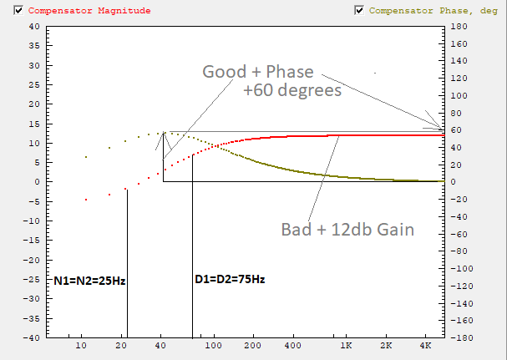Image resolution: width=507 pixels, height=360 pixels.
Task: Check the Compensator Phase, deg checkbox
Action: click(x=360, y=10)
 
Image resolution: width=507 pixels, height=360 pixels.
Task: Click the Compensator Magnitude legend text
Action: click(x=79, y=11)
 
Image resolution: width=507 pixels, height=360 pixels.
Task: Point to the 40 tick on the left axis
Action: click(x=33, y=25)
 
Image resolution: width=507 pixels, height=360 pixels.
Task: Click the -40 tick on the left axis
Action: click(x=31, y=338)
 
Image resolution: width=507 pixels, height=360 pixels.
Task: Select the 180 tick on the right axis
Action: click(x=456, y=26)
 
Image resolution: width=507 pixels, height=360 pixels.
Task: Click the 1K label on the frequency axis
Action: click(x=346, y=346)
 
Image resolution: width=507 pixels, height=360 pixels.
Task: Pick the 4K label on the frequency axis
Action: click(x=426, y=346)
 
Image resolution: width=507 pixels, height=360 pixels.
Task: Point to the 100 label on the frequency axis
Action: click(x=215, y=346)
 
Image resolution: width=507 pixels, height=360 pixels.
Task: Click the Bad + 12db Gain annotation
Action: click(x=348, y=229)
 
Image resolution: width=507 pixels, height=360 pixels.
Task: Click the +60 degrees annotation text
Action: click(x=292, y=90)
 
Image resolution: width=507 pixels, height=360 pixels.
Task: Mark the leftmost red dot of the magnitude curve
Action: click(x=86, y=200)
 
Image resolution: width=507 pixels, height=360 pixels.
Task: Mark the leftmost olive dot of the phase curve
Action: click(x=86, y=156)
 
